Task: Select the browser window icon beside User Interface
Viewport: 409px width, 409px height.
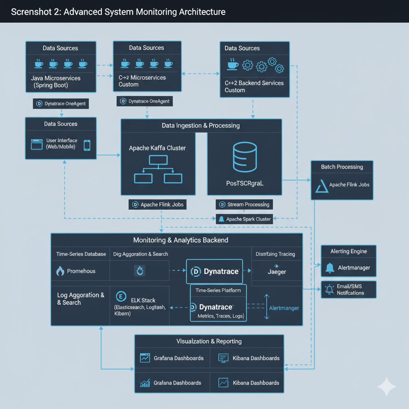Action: tap(37, 144)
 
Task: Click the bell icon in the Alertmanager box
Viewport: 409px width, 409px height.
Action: tap(330, 268)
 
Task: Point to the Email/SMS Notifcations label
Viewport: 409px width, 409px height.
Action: tap(350, 290)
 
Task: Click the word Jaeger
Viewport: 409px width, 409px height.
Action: tap(277, 272)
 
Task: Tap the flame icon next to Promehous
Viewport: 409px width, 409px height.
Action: tap(60, 271)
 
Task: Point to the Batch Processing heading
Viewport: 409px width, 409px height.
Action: tap(342, 167)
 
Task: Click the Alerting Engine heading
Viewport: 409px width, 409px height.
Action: tap(348, 251)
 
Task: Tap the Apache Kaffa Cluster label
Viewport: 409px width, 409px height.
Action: tap(157, 148)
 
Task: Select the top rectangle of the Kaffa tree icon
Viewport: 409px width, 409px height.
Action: tap(158, 160)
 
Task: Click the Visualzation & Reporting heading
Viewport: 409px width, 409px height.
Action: tap(209, 341)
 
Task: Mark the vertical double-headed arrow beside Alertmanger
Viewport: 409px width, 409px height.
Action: tap(267, 307)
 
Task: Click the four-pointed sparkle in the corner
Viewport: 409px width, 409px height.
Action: tap(387, 387)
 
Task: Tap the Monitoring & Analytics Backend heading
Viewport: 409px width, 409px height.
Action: tap(181, 240)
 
